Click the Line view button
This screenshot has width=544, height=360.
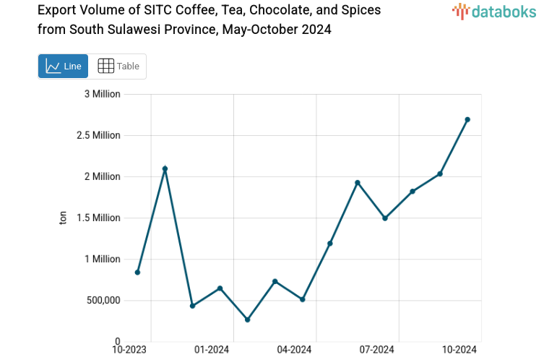[x=63, y=66]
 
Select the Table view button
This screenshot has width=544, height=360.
[x=118, y=66]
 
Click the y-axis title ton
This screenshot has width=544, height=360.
[x=63, y=218]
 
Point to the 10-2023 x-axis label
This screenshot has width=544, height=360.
[x=130, y=350]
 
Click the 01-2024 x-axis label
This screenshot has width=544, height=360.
[x=212, y=350]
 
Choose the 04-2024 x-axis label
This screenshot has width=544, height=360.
[x=294, y=350]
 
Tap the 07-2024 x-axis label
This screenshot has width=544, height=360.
[x=376, y=350]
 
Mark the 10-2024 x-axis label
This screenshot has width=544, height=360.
[x=459, y=350]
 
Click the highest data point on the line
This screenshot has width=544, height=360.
[x=467, y=119]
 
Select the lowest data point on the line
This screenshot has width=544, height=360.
[x=248, y=320]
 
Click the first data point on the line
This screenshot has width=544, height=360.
[x=137, y=273]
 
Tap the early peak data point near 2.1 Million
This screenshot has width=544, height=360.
[x=165, y=168]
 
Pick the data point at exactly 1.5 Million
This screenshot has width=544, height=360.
[x=385, y=218]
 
